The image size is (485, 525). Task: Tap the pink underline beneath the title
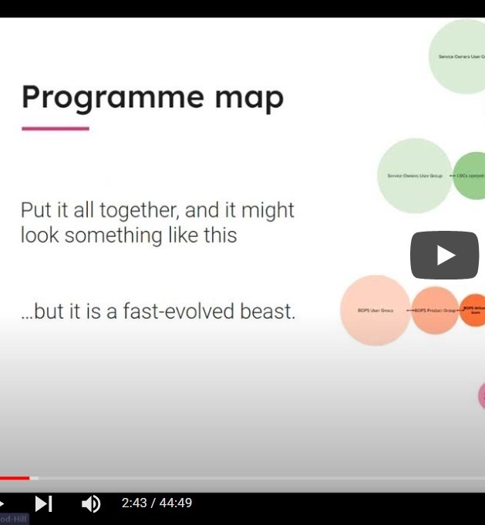pyautogui.click(x=56, y=128)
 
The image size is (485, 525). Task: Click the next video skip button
pyautogui.click(x=43, y=504)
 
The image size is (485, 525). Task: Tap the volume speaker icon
pyautogui.click(x=90, y=504)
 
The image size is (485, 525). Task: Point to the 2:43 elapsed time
pyautogui.click(x=133, y=503)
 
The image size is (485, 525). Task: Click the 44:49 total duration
pyautogui.click(x=176, y=503)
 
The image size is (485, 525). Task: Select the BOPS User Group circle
pyautogui.click(x=376, y=310)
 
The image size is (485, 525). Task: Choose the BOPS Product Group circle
pyautogui.click(x=435, y=310)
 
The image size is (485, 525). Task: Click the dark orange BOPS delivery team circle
pyautogui.click(x=473, y=310)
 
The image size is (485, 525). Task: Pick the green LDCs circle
pyautogui.click(x=470, y=176)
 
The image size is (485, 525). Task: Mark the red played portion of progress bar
pyautogui.click(x=15, y=478)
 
